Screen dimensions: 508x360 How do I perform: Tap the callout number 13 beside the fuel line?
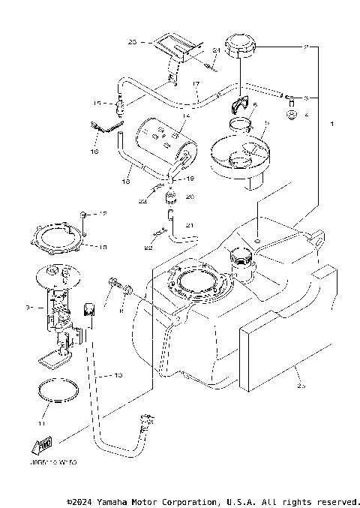[117, 374]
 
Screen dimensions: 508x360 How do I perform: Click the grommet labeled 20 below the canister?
[170, 200]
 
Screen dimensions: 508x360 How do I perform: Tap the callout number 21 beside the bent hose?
[190, 225]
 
